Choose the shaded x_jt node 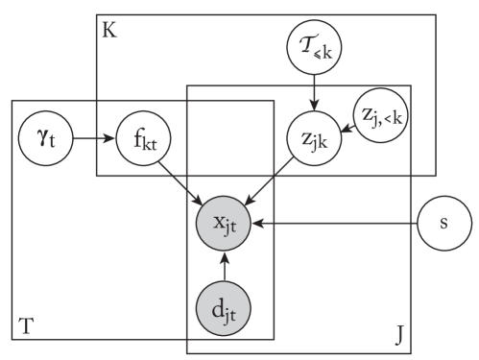223,226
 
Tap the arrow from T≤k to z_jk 314,90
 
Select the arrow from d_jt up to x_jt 223,268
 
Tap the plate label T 26,326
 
